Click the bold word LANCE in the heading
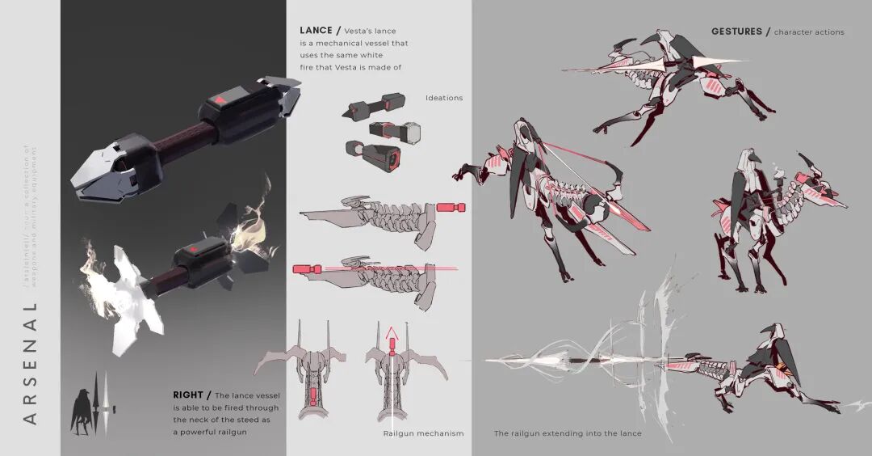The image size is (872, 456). (316, 31)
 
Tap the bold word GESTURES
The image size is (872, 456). (736, 32)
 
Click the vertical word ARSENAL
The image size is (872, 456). (31, 362)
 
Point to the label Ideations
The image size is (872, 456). (444, 98)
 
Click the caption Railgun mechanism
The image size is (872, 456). (423, 433)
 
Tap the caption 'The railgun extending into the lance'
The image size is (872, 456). (568, 433)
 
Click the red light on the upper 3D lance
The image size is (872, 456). (217, 100)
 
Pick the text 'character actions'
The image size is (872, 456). (809, 32)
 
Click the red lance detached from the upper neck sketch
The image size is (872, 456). (451, 208)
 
